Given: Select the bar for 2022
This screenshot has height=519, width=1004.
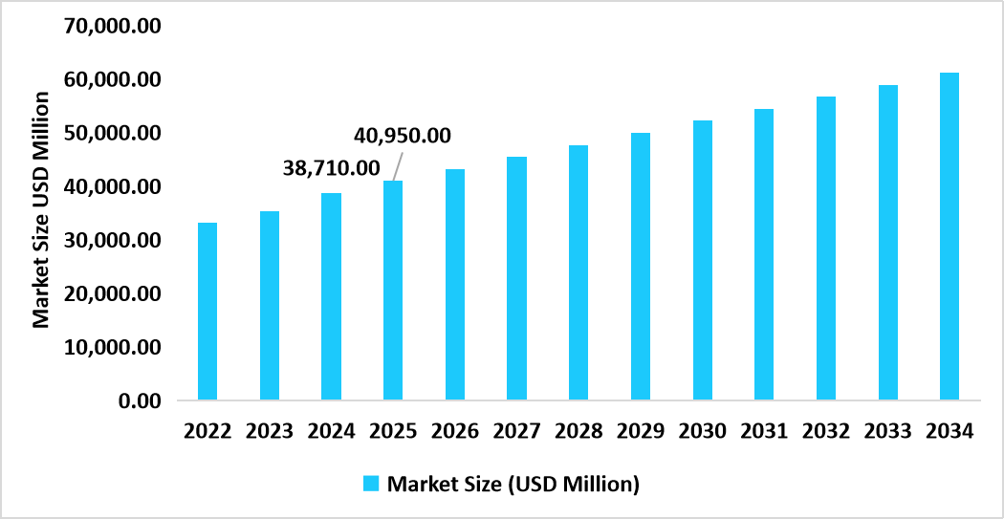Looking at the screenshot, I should point(207,311).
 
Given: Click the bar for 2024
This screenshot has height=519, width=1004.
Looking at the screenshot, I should point(331,296).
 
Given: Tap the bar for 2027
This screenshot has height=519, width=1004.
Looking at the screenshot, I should point(516,278).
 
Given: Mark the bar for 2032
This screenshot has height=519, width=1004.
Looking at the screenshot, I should point(825,248).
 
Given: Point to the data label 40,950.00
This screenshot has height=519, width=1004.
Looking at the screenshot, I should point(403,136).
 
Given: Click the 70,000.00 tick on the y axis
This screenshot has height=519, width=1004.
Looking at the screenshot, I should point(113,26).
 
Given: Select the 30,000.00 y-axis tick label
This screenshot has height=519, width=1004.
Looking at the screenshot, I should point(113,240).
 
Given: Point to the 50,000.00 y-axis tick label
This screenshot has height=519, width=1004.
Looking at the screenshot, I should point(113,133).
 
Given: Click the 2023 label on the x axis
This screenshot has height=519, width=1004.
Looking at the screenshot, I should point(269,431).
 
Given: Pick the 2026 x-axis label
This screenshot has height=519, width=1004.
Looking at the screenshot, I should point(454,431).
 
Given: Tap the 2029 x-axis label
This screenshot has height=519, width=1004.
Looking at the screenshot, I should point(640,431).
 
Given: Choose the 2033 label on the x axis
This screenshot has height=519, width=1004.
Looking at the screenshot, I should point(887,431).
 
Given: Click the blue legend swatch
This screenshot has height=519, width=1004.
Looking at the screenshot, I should point(372,484).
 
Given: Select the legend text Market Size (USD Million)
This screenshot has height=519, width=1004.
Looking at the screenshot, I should point(513,484).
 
